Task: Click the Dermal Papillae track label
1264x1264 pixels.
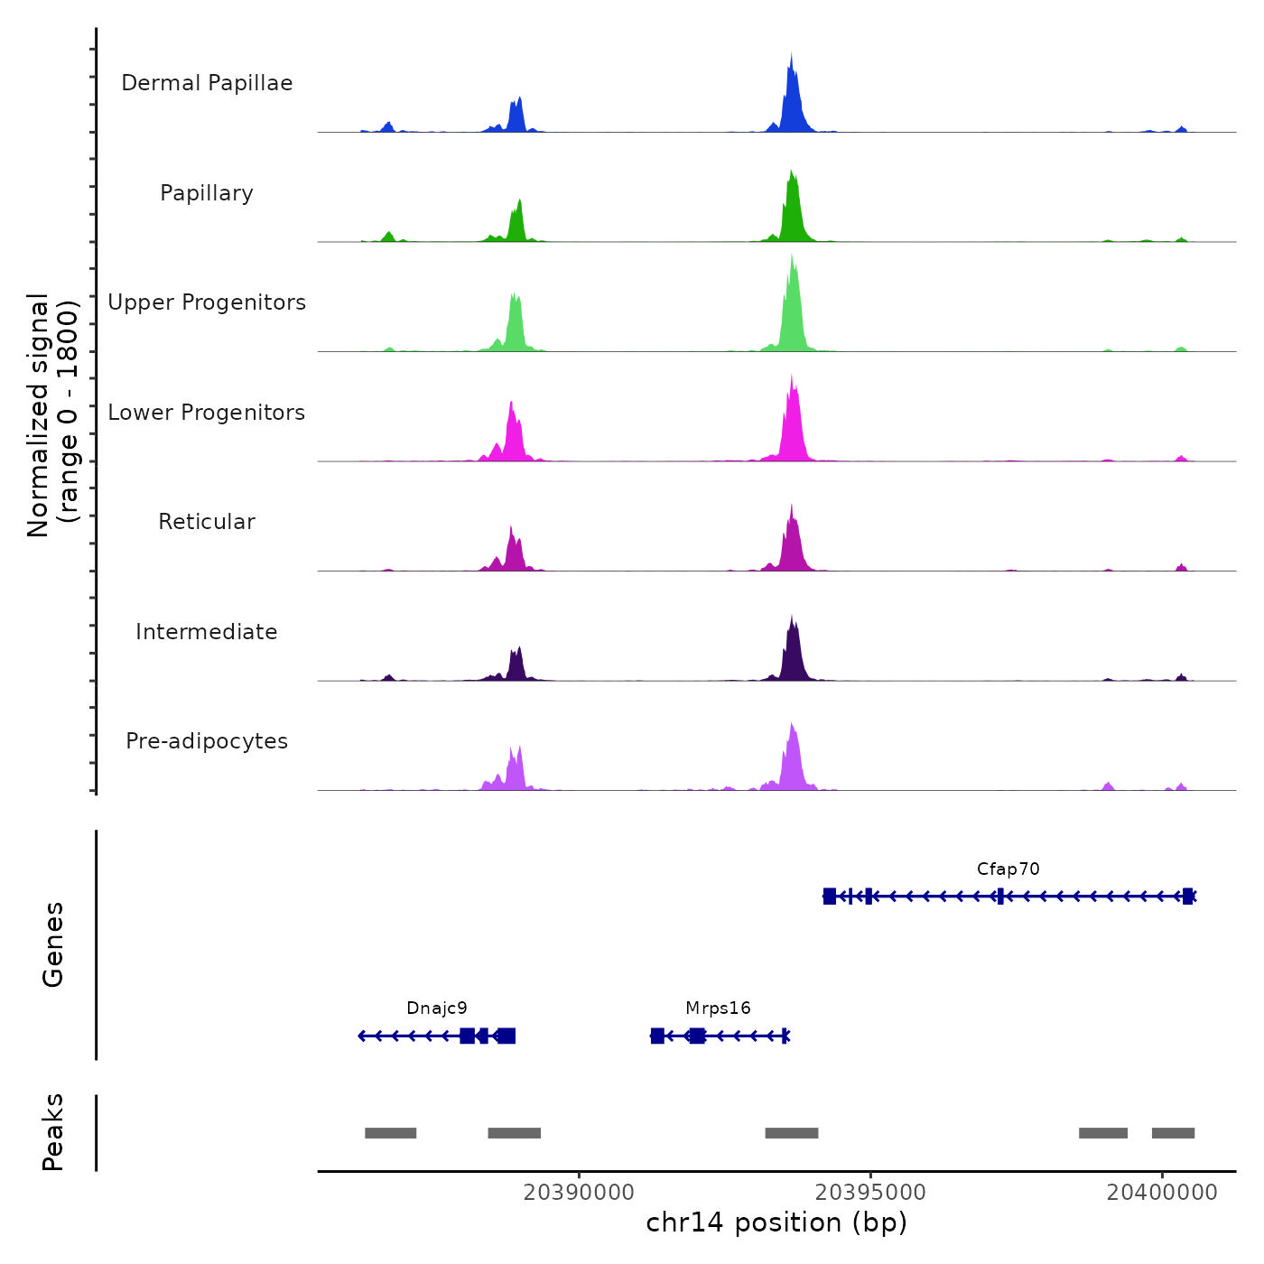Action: point(207,83)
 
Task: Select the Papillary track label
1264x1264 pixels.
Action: point(207,193)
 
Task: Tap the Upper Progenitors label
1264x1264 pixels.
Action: point(207,302)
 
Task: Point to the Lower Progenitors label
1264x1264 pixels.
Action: point(207,413)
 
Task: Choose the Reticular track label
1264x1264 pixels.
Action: point(207,522)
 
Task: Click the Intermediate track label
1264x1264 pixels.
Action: point(207,632)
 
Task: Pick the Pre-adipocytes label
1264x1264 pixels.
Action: point(207,741)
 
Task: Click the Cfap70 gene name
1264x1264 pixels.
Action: point(1008,869)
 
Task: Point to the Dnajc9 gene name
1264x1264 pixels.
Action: point(437,1008)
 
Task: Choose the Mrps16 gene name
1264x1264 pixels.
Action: point(718,1008)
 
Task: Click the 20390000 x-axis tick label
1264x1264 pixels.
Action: point(579,1193)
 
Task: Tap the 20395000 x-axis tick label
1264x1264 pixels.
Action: point(870,1193)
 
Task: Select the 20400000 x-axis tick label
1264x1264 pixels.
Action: point(1162,1193)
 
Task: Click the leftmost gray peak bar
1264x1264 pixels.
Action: point(390,1133)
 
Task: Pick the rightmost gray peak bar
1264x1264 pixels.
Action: point(1173,1133)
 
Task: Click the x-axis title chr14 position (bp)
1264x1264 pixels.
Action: point(776,1223)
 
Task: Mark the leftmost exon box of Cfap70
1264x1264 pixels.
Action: point(829,896)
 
